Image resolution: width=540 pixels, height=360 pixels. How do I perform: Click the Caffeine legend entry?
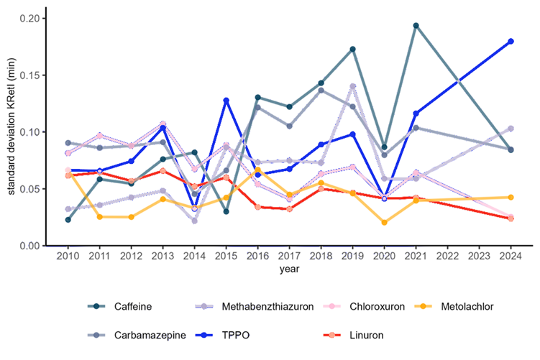tap(119, 306)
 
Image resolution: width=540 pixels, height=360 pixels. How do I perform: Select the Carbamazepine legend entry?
tap(137, 335)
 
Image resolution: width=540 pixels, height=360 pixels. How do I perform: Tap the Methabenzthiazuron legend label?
tap(267, 306)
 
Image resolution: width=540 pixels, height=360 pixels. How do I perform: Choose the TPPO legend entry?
tap(222, 335)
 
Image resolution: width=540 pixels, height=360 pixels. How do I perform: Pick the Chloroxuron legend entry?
tap(364, 306)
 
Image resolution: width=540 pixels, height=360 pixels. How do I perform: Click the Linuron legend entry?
tap(353, 335)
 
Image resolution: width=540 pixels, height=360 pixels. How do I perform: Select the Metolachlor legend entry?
tap(454, 306)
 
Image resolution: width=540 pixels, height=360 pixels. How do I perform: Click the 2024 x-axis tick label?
tap(511, 256)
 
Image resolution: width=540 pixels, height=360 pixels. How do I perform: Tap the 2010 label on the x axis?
tap(68, 256)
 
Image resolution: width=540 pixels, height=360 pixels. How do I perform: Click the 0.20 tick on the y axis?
tap(29, 18)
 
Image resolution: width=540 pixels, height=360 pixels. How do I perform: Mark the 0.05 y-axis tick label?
tap(29, 189)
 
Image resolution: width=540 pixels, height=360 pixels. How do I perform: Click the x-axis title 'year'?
tap(289, 269)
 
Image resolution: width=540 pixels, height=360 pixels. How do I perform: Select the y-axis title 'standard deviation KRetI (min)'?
tap(11, 126)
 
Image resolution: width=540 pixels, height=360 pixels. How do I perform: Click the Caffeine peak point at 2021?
tap(416, 25)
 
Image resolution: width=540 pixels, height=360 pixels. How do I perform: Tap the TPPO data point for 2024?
tap(511, 41)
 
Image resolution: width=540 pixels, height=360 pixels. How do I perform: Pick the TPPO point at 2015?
tap(226, 101)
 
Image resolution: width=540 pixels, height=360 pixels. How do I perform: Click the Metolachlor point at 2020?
tap(385, 222)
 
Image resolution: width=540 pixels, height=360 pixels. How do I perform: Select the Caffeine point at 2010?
tap(68, 220)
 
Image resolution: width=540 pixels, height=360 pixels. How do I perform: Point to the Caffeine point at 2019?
tap(352, 49)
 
